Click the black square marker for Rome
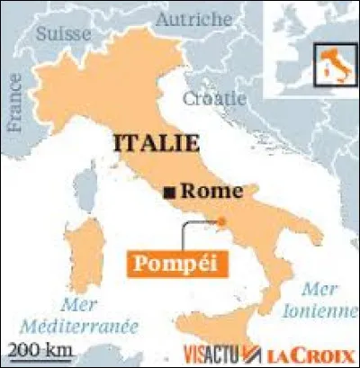click(168, 193)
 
